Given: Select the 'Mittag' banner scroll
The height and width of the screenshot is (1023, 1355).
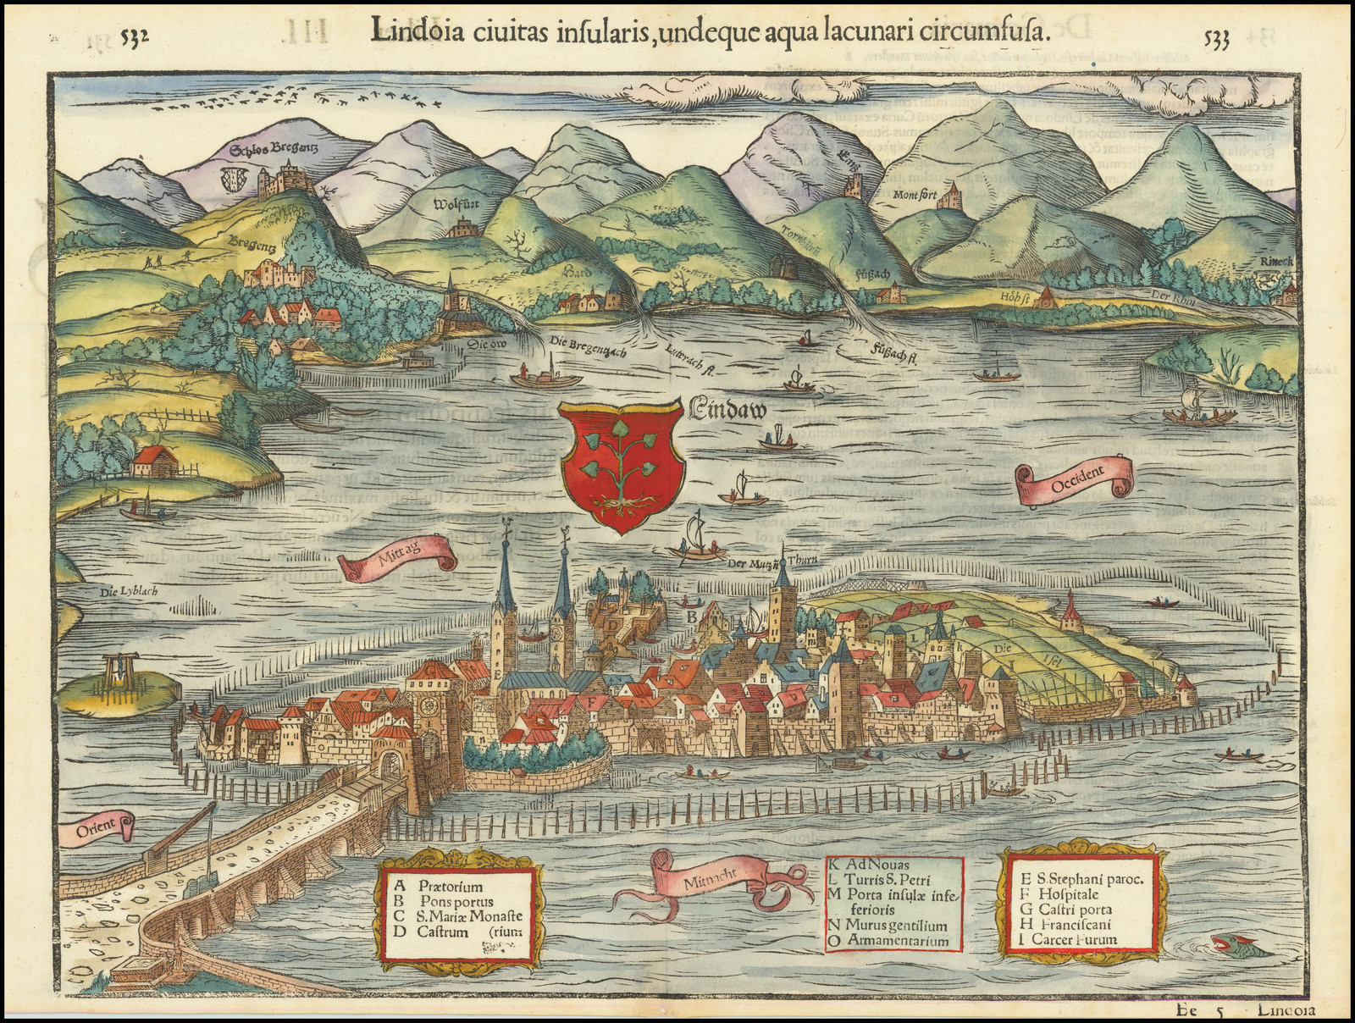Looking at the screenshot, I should [x=396, y=562].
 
